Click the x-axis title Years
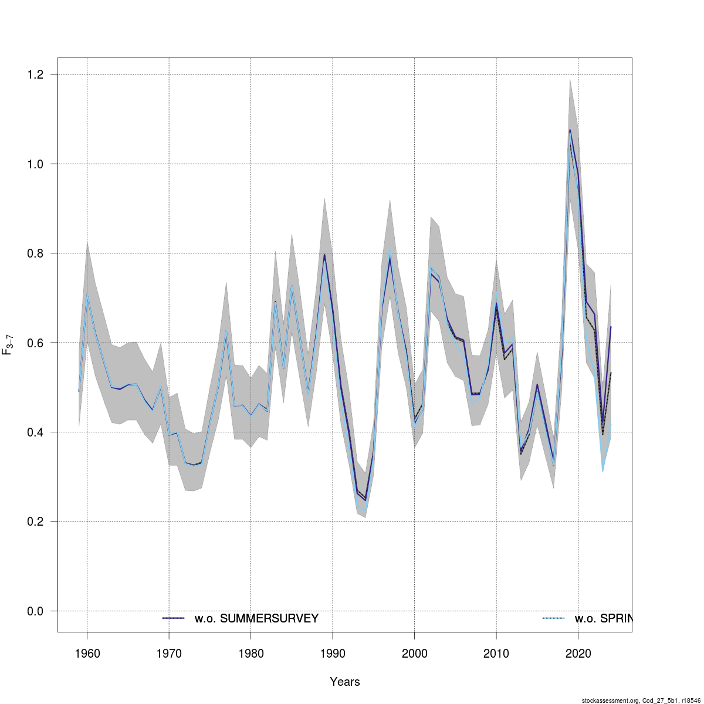coord(345,682)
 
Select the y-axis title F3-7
coord(8,343)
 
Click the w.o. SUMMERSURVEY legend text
coord(256,618)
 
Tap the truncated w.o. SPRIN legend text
coord(603,618)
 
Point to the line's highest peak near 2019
coord(570,130)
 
